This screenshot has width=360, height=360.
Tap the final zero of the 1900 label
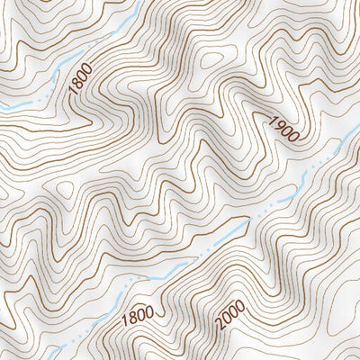(x=292, y=138)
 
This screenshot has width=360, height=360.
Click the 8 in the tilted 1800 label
(x=76, y=86)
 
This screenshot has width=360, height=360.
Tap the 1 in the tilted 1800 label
(x=72, y=94)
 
